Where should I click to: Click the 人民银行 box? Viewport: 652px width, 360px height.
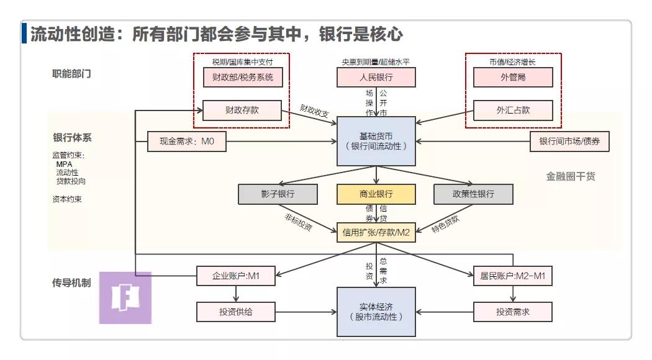tap(376, 78)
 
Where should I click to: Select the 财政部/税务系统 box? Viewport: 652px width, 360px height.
tap(243, 78)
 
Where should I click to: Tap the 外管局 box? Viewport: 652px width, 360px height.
tap(513, 78)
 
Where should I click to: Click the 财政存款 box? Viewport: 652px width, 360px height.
tap(242, 110)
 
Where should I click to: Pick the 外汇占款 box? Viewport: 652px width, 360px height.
tap(513, 110)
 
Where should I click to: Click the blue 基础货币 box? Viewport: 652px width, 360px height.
tap(376, 142)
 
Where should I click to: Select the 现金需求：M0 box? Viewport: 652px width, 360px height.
tap(187, 142)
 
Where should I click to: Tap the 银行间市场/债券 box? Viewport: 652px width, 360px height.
tap(569, 142)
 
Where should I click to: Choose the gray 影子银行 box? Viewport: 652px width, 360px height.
tap(278, 194)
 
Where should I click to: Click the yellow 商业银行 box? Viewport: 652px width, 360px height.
tap(376, 194)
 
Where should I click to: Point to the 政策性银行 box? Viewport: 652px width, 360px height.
tap(473, 194)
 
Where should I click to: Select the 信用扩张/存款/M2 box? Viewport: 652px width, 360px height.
tap(376, 232)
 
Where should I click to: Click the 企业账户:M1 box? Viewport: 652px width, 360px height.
tap(236, 276)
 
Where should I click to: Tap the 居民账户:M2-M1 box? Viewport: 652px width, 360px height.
tap(513, 276)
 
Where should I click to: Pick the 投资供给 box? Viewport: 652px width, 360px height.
tap(236, 312)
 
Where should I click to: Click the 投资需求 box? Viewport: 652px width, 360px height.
tap(513, 312)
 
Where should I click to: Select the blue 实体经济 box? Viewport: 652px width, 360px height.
tap(376, 312)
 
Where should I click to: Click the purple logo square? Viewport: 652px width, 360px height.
tap(125, 298)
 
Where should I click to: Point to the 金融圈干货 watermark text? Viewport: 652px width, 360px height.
tap(571, 176)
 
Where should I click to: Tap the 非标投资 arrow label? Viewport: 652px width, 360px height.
tap(298, 222)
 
